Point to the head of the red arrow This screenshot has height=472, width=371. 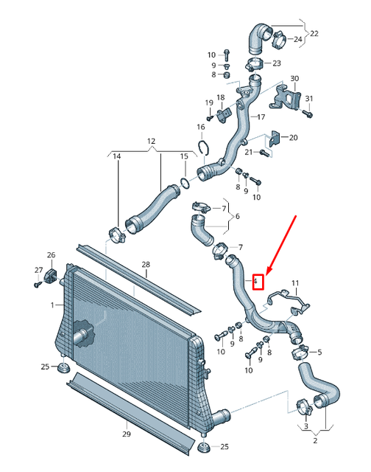pyautogui.click(x=264, y=274)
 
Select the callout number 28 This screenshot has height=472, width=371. pyautogui.click(x=145, y=264)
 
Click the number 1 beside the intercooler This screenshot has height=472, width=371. pyautogui.click(x=52, y=305)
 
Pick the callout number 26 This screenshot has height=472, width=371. pyautogui.click(x=51, y=255)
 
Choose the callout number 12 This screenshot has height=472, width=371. pyautogui.click(x=151, y=141)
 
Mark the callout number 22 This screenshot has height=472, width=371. pyautogui.click(x=314, y=33)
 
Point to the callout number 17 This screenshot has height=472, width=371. pyautogui.click(x=260, y=117)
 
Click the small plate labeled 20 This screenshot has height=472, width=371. pyautogui.click(x=275, y=139)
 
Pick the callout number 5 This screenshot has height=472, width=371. pyautogui.click(x=319, y=353)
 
